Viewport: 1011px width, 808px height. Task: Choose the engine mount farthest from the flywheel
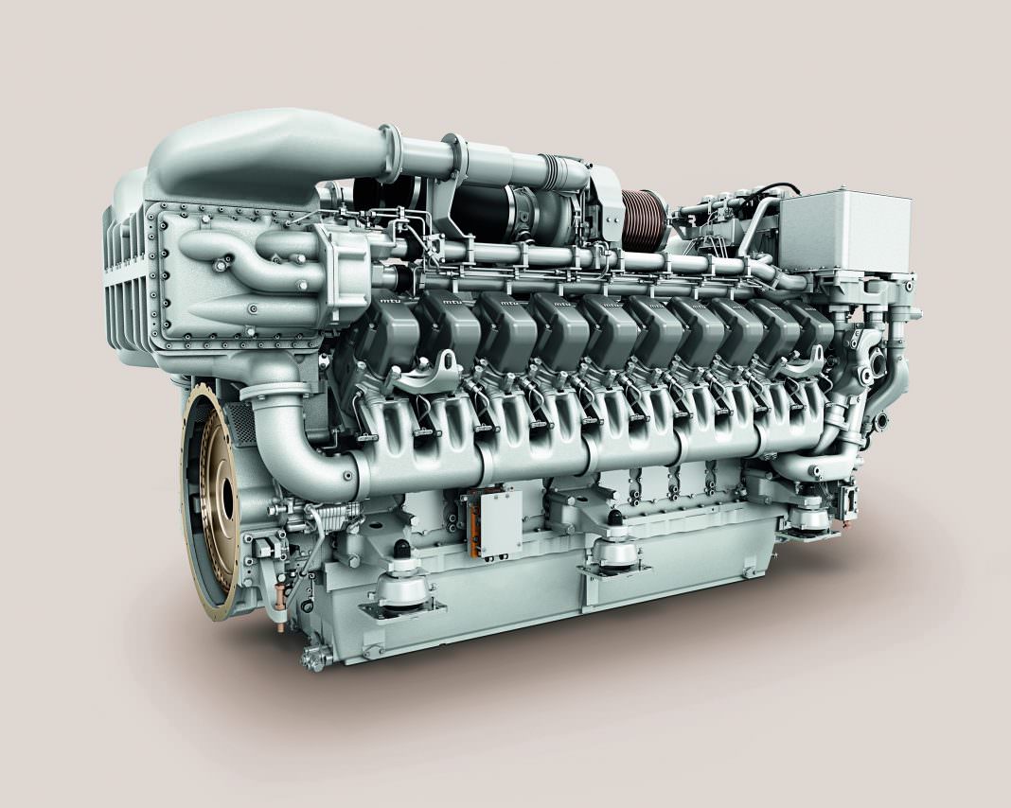pos(810,516)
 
